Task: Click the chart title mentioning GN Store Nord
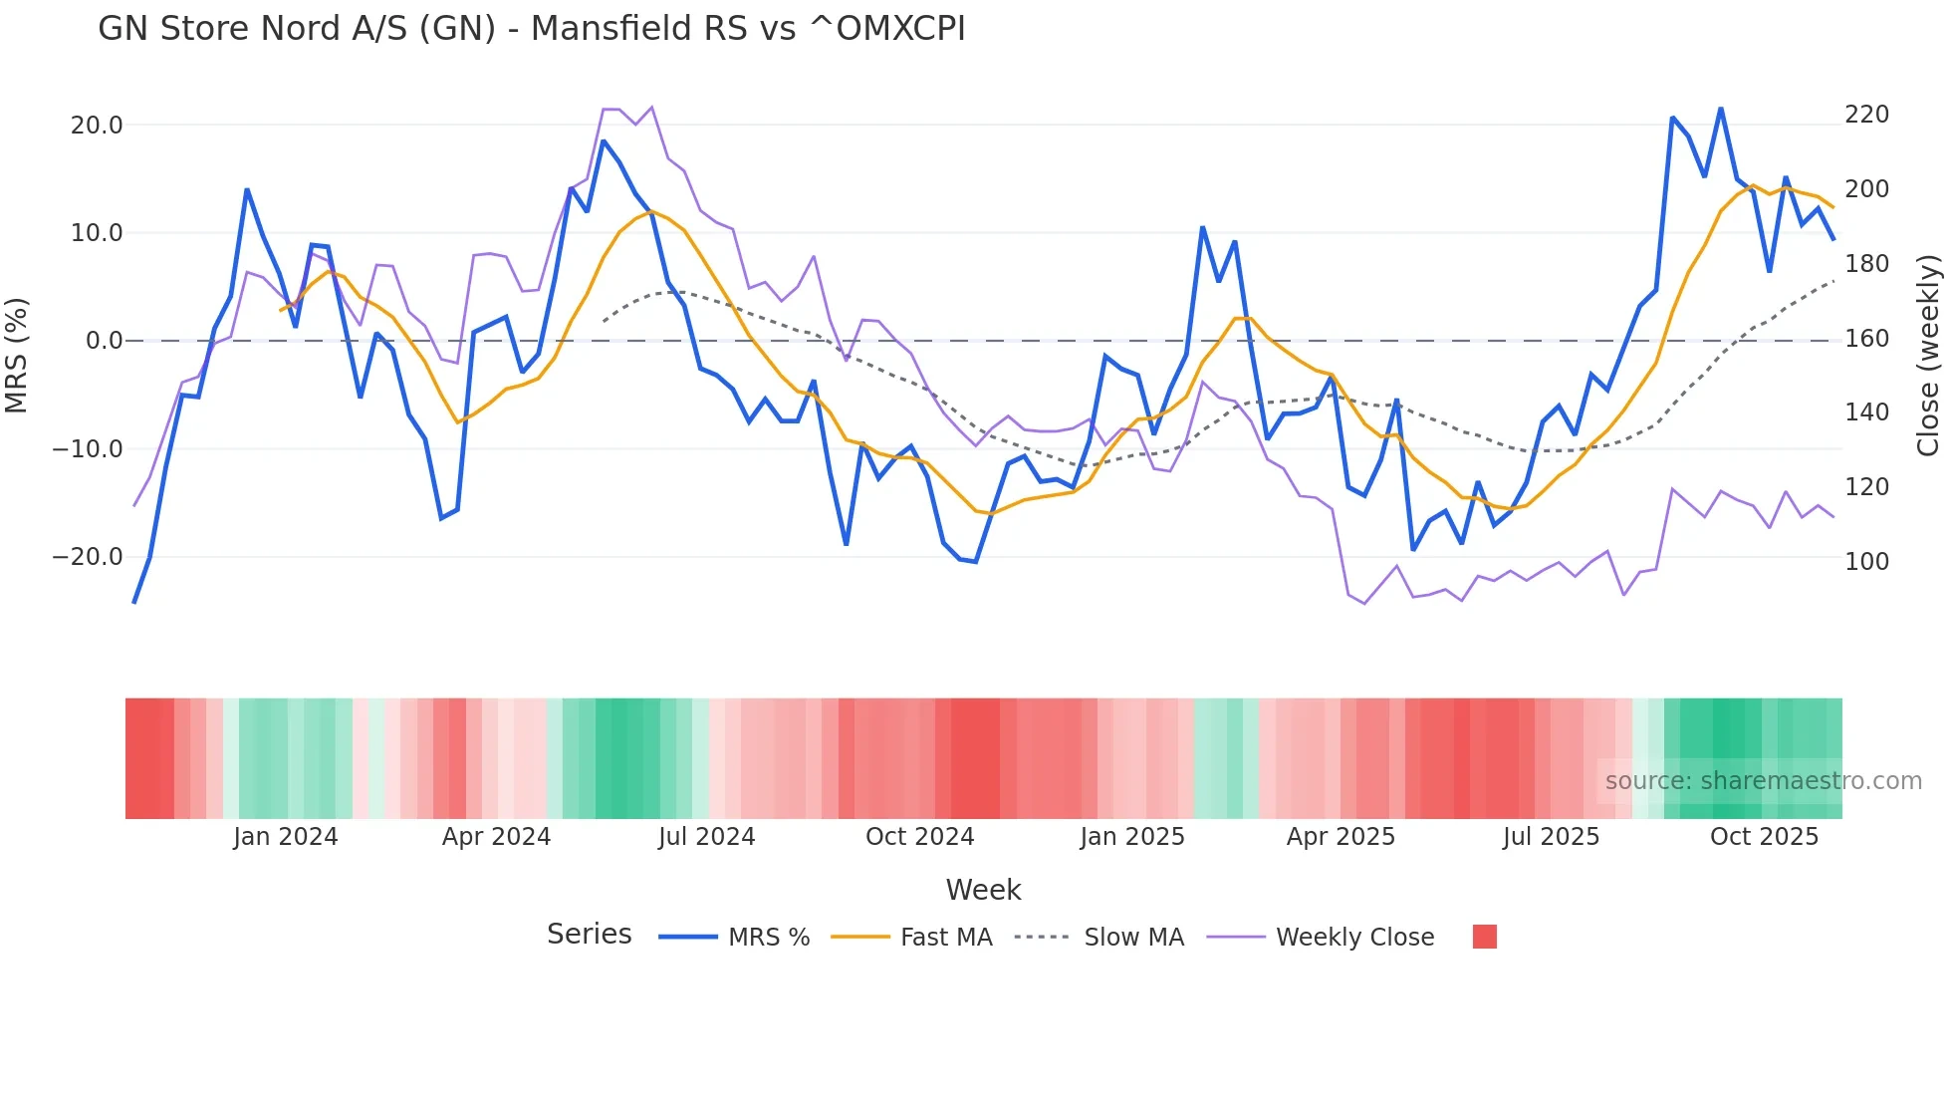531,29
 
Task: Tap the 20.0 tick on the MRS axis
97,126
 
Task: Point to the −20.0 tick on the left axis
88,557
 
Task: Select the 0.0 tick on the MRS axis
105,341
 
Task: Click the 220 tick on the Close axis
1866,115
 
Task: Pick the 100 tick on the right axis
1866,562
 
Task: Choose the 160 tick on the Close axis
1866,339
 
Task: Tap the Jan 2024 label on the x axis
286,837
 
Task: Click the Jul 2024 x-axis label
707,837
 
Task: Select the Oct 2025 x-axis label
1764,837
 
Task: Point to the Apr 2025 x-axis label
1341,837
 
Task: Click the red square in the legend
1484,937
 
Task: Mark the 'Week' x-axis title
983,890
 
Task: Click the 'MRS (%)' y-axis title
17,355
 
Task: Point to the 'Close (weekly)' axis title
1928,356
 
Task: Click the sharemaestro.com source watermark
1763,781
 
